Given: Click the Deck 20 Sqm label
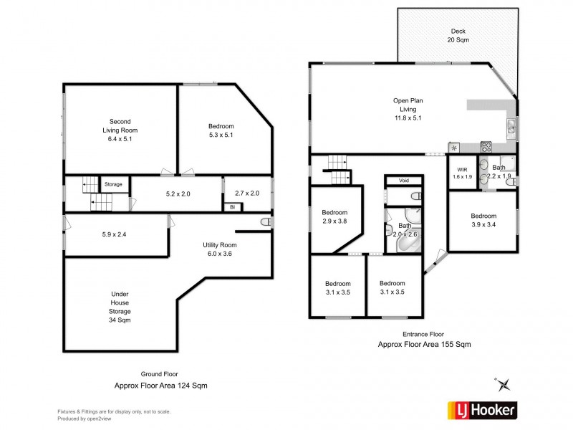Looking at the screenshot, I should coord(458,35).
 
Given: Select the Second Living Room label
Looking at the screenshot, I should coord(119,130).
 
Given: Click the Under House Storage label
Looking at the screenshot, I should coord(120,307).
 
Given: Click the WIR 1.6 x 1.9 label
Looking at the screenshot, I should coord(462,173).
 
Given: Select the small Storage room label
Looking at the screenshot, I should coord(113,184).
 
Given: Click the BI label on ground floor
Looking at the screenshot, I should coord(232,207).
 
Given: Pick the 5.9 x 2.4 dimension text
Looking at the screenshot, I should coord(115,233).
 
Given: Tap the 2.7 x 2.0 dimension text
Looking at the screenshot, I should coord(247,193).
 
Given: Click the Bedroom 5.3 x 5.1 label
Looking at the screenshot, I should coord(221,130).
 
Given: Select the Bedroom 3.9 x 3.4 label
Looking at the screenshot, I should coord(483,220).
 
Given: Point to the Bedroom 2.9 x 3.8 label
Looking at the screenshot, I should coord(334,217).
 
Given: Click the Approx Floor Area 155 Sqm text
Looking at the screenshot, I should coord(424,344).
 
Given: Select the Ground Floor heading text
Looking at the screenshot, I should coord(160,374).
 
